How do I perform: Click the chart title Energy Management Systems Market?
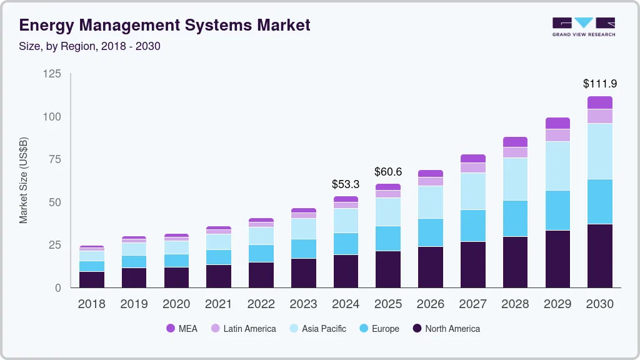164,26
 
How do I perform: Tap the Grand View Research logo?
583,26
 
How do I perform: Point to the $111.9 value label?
599,83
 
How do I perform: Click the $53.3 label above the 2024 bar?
346,184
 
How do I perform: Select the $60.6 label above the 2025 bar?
388,171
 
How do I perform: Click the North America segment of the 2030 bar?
599,256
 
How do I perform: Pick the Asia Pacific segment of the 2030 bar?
599,151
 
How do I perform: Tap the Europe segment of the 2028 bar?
515,218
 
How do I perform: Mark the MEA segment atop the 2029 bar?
557,123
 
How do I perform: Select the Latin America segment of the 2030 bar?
599,116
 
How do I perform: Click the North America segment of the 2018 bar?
91,279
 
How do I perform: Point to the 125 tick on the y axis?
52,74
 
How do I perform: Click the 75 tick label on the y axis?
55,159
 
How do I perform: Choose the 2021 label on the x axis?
219,304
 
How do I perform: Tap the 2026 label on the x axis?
430,304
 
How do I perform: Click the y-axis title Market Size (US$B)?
24,180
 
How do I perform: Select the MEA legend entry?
182,328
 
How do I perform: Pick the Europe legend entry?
379,328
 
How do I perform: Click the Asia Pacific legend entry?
317,328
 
